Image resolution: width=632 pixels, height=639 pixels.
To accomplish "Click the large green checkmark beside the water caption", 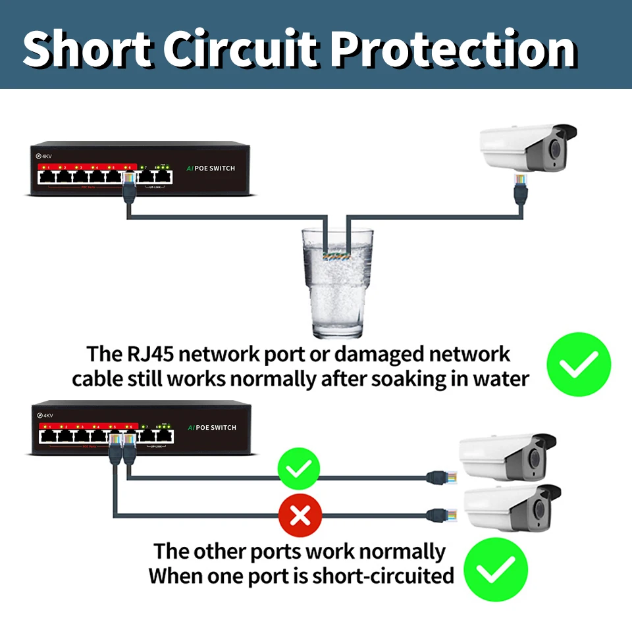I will tap(579, 364).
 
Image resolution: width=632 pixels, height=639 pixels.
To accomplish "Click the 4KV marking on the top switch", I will tap(44, 156).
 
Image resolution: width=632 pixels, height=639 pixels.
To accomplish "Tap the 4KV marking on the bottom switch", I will tap(45, 415).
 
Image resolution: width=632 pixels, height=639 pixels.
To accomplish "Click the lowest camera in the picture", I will tap(513, 507).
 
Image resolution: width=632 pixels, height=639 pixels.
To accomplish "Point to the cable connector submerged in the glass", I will tap(336, 253).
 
